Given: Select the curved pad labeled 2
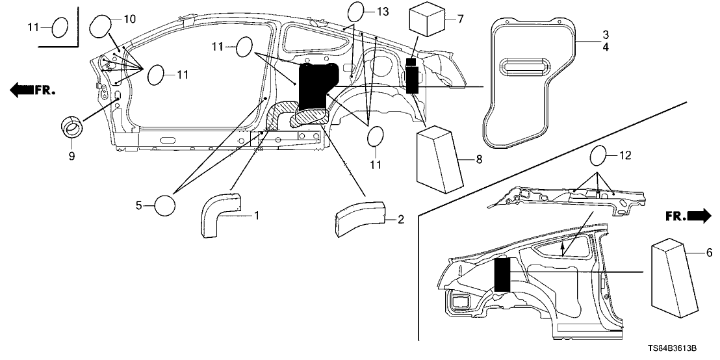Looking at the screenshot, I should coord(360,219).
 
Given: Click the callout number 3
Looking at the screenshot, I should coord(586,34).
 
